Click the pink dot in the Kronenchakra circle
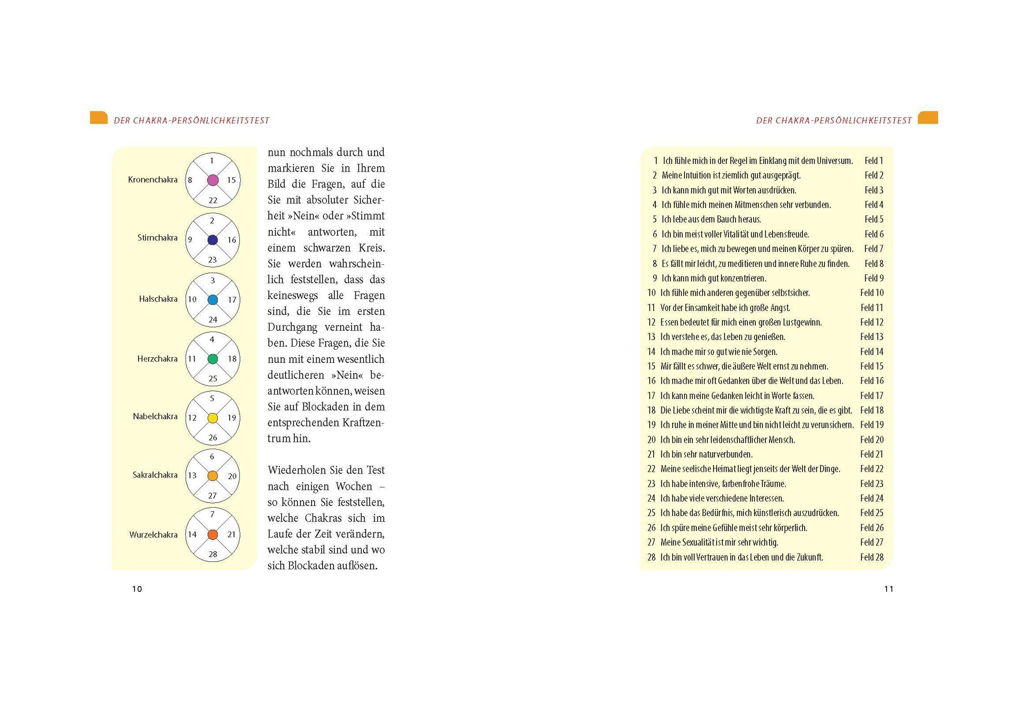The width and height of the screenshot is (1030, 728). tap(212, 180)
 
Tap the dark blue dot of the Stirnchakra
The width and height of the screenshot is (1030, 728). tap(212, 239)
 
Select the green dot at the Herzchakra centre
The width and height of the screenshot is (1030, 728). tap(212, 359)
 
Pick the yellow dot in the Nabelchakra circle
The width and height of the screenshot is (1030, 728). tap(212, 418)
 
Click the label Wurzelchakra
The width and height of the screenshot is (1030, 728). tap(153, 535)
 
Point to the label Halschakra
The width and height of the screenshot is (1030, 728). tap(158, 299)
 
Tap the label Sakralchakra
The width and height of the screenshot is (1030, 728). tap(155, 475)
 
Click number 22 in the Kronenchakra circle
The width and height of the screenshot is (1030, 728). tap(212, 200)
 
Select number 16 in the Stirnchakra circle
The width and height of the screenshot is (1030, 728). tap(231, 240)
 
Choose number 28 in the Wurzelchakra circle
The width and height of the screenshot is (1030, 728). tap(212, 554)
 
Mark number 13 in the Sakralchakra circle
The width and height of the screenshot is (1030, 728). tap(192, 475)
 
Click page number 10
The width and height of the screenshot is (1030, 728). tap(137, 589)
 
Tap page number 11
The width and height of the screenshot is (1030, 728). tap(889, 589)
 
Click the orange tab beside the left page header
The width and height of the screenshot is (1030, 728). tap(99, 118)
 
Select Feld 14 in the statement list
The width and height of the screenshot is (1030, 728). tap(872, 352)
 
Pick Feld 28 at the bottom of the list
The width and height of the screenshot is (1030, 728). tap(872, 558)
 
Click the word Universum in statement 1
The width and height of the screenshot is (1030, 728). tap(834, 160)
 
